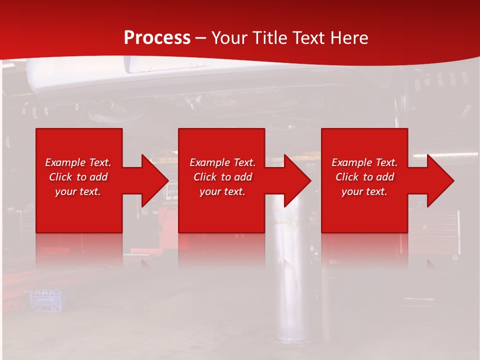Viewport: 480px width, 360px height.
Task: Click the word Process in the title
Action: point(157,37)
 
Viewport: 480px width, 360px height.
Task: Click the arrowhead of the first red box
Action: point(155,180)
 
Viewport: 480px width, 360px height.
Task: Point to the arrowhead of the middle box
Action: point(297,180)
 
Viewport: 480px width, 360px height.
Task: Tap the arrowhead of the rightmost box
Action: point(440,180)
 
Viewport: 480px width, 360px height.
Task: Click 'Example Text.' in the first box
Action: point(78,162)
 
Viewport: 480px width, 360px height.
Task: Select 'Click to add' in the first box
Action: point(78,177)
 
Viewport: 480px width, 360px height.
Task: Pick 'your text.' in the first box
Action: point(78,191)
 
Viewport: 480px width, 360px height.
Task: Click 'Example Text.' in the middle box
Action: point(222,162)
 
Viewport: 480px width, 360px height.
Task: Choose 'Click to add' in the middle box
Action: point(222,177)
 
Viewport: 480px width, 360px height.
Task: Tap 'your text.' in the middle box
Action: point(222,191)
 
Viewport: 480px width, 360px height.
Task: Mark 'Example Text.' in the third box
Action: point(364,162)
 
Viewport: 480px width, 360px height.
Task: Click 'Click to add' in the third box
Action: point(364,177)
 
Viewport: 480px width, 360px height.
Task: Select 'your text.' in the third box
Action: point(364,191)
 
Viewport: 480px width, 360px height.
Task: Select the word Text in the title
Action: point(306,37)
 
